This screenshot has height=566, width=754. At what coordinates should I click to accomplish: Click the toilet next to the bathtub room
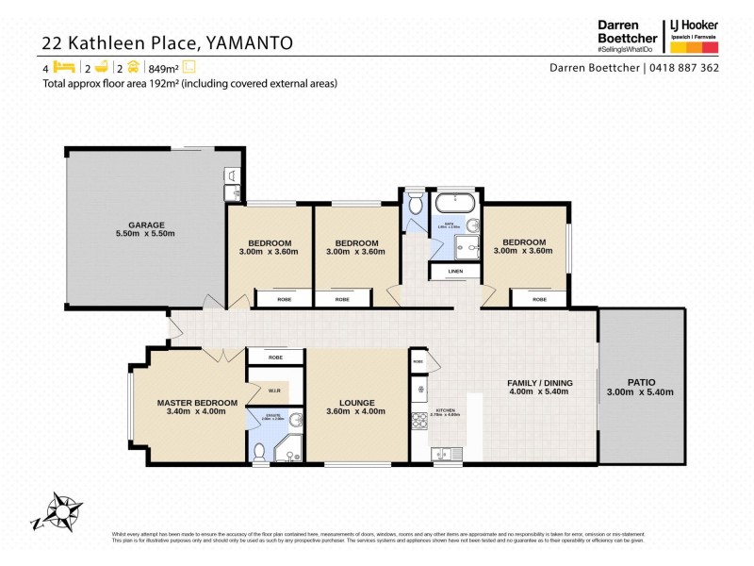[416, 204]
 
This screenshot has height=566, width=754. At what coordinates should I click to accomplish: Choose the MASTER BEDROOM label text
[190, 402]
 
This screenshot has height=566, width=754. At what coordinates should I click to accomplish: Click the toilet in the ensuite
[295, 421]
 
